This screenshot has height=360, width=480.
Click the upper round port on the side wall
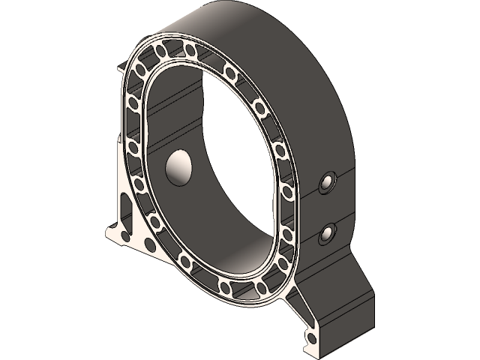tap(328, 182)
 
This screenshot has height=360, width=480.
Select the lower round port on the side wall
tap(327, 234)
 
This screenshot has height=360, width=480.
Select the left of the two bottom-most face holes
tap(226, 289)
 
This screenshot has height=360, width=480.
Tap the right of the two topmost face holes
tap(190, 51)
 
